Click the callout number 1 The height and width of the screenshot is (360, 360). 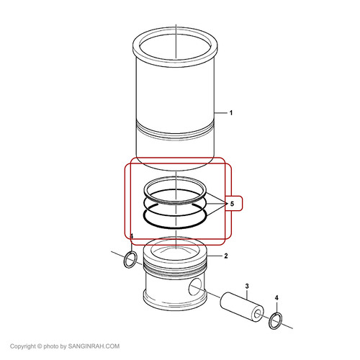(231, 113)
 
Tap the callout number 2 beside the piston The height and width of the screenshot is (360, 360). (226, 256)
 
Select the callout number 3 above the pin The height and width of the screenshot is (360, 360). (247, 286)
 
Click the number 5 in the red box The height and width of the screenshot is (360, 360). (232, 204)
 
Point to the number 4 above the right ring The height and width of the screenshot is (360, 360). (276, 298)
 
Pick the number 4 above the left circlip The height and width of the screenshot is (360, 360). (132, 236)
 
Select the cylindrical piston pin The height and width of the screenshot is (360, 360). (241, 307)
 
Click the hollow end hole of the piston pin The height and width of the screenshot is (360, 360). (258, 314)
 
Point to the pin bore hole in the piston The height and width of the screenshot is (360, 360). (195, 287)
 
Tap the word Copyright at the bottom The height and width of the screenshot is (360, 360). (22, 346)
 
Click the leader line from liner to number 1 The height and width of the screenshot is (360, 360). (220, 112)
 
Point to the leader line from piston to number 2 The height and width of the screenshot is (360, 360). (214, 256)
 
